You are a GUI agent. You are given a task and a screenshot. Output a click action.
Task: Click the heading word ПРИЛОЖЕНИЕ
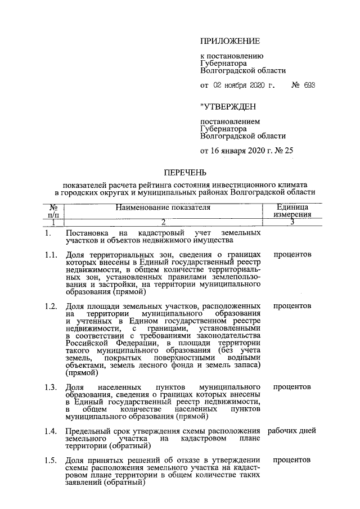tap(230, 41)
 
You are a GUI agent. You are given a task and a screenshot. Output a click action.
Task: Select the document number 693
tap(308, 85)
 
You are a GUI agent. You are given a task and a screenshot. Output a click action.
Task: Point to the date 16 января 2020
tap(236, 150)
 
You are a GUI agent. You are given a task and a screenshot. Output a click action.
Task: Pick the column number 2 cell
tap(163, 222)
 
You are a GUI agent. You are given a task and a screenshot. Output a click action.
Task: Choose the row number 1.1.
tap(51, 255)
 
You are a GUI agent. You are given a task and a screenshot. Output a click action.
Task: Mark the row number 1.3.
tap(51, 388)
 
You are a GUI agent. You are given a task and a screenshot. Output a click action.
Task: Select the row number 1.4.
tap(51, 431)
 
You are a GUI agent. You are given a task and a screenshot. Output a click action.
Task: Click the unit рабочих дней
tap(292, 431)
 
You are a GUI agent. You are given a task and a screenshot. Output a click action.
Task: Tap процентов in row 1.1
tap(292, 255)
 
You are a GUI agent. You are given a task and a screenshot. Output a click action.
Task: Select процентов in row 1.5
tap(292, 460)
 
